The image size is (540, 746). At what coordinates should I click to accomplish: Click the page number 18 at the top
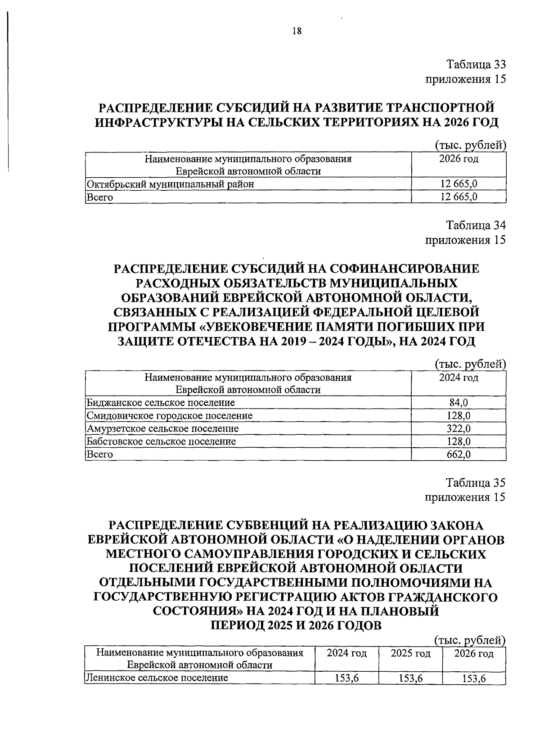pyautogui.click(x=297, y=31)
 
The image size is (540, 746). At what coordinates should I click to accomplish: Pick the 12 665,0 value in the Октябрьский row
pyautogui.click(x=459, y=184)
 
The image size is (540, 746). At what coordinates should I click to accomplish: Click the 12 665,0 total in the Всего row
pyautogui.click(x=459, y=197)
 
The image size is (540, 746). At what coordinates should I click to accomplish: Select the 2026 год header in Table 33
pyautogui.click(x=459, y=159)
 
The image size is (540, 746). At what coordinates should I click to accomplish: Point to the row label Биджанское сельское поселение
pyautogui.click(x=161, y=402)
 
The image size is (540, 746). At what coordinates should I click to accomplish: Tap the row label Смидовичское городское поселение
pyautogui.click(x=169, y=415)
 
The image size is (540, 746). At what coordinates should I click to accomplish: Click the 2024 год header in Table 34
pyautogui.click(x=459, y=377)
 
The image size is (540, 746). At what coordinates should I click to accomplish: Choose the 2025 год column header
pyautogui.click(x=410, y=653)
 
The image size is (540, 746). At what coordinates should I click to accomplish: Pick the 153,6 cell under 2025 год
pyautogui.click(x=410, y=679)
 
